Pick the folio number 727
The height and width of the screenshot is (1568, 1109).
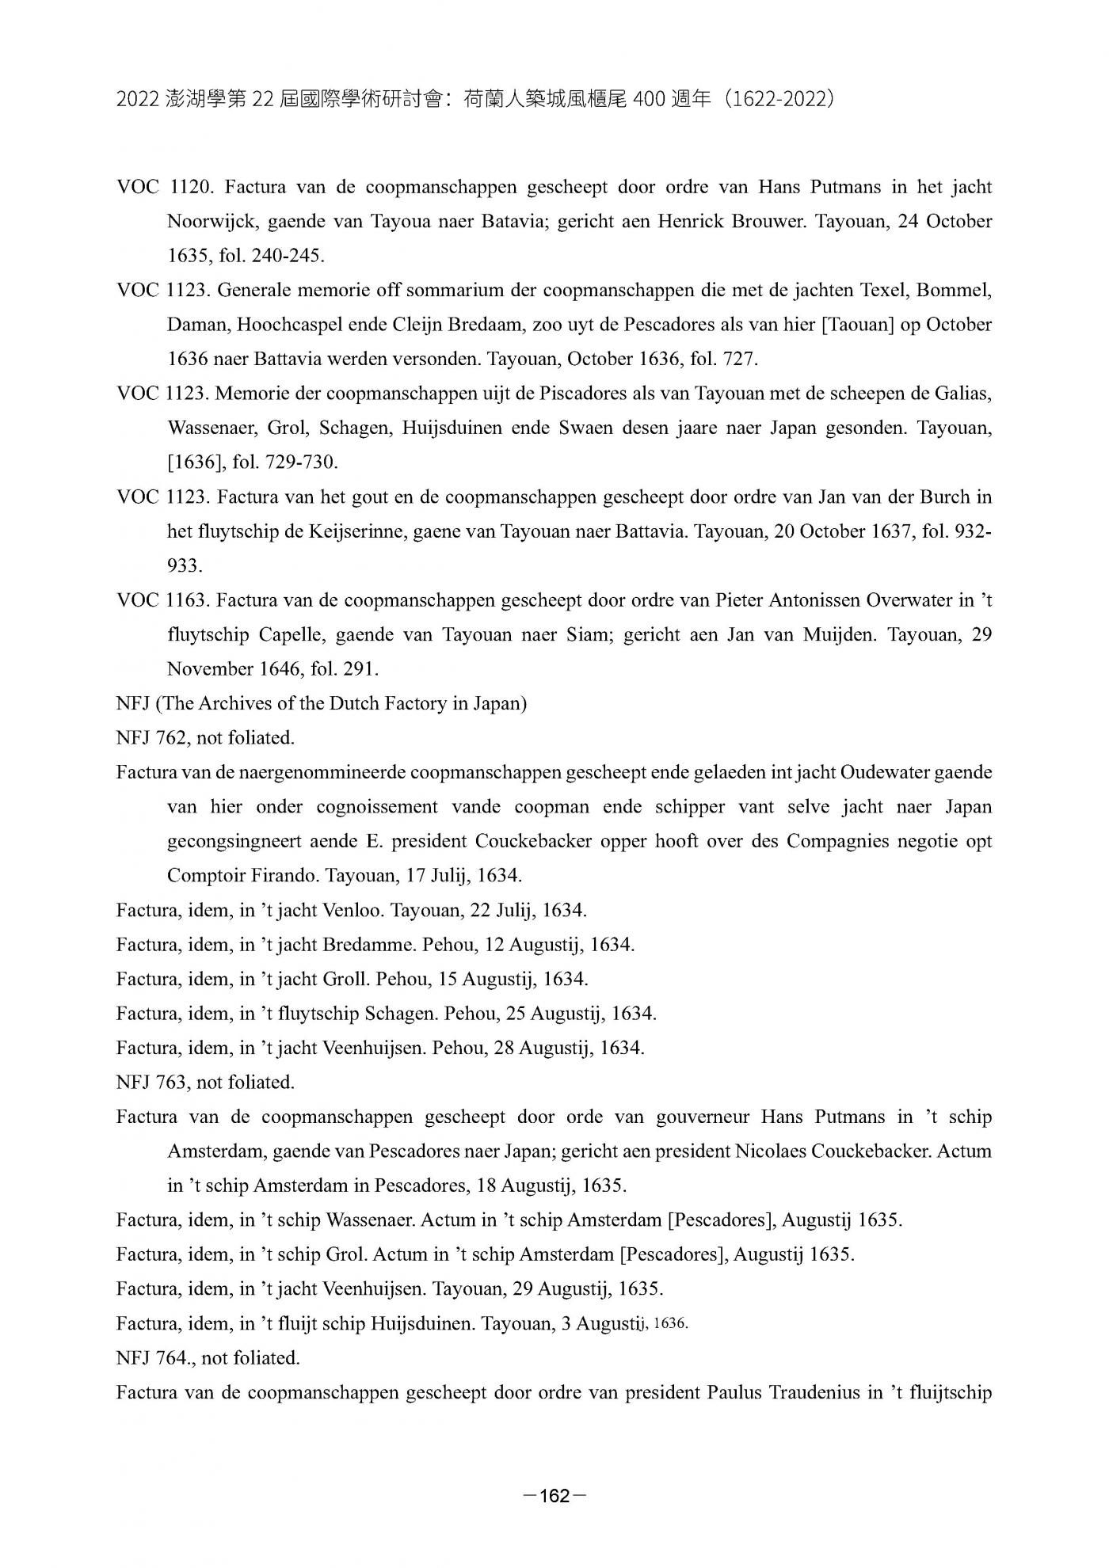click(742, 360)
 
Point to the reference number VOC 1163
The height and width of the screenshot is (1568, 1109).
click(163, 600)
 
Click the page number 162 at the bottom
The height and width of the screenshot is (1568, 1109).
click(554, 1496)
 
